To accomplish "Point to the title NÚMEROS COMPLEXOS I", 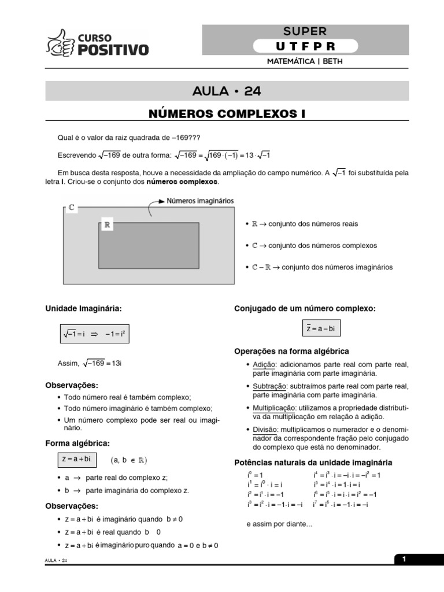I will tap(227, 113).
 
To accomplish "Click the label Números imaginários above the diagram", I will tap(200, 201).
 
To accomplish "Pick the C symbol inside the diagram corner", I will tap(71, 206).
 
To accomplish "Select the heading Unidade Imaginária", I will tap(84, 309).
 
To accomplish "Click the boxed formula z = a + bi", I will tap(76, 460).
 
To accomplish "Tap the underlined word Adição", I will tap(264, 365).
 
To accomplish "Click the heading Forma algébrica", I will tap(77, 443).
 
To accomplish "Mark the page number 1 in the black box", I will tap(405, 559).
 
